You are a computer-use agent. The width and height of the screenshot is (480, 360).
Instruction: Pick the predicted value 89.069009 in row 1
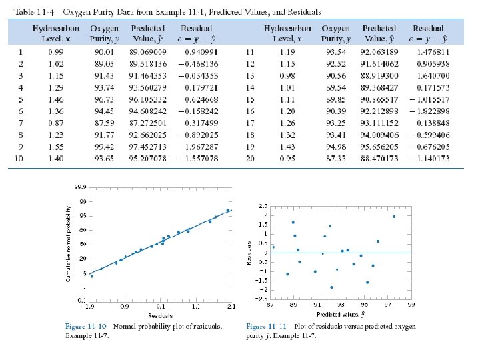point(149,51)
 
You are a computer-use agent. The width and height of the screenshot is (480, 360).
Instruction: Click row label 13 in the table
point(251,75)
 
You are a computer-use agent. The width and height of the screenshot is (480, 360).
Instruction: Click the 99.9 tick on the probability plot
point(80,187)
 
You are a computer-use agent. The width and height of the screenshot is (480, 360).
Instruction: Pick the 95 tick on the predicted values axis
point(365,304)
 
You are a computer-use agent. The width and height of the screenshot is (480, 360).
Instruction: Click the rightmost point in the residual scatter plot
point(394,216)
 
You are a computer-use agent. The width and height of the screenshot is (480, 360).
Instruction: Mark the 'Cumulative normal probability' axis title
point(68,243)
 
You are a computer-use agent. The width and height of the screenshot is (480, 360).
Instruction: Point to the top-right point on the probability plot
point(227,211)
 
